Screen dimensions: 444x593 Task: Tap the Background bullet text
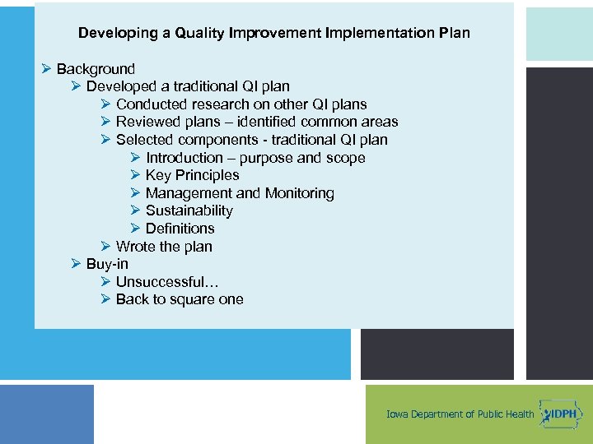tap(96, 69)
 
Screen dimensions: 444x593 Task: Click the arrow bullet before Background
tap(46, 69)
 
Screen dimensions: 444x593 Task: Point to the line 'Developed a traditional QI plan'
tap(188, 86)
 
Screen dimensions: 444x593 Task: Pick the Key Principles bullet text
tap(192, 175)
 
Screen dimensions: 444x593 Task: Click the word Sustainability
tap(189, 210)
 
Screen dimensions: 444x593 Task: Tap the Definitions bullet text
tap(180, 229)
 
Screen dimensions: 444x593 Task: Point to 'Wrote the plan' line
tap(164, 247)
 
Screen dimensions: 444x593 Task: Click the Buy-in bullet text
tap(107, 264)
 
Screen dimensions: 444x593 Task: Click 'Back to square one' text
tap(180, 299)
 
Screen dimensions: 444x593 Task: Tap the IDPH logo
tap(559, 413)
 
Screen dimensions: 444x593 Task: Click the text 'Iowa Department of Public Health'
tap(460, 414)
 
